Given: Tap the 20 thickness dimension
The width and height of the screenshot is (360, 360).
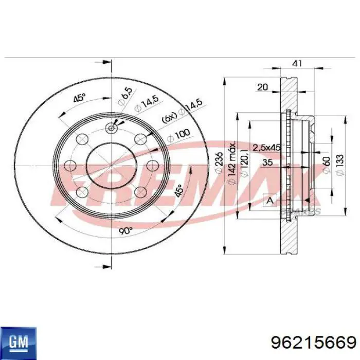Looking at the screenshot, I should pos(262,87).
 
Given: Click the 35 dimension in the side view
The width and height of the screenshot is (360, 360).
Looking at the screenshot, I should pos(267,163).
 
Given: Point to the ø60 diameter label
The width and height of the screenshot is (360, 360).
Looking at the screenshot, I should pos(326,166).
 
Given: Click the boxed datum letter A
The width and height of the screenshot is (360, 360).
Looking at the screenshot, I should pos(269,200).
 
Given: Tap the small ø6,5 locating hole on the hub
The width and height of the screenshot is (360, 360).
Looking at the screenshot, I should pos(112,128).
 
